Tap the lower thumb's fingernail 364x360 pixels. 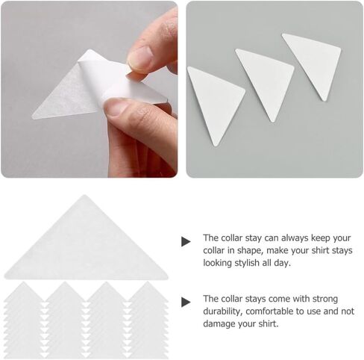click(x=117, y=108)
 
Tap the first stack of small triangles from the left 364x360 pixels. click(x=24, y=320)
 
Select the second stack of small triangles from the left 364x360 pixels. click(x=65, y=320)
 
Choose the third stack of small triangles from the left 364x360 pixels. click(x=107, y=320)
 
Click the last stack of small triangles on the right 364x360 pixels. click(x=148, y=320)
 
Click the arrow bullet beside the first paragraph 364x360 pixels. click(x=186, y=241)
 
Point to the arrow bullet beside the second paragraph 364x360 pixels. click(x=186, y=302)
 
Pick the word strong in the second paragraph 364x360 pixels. click(x=325, y=300)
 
